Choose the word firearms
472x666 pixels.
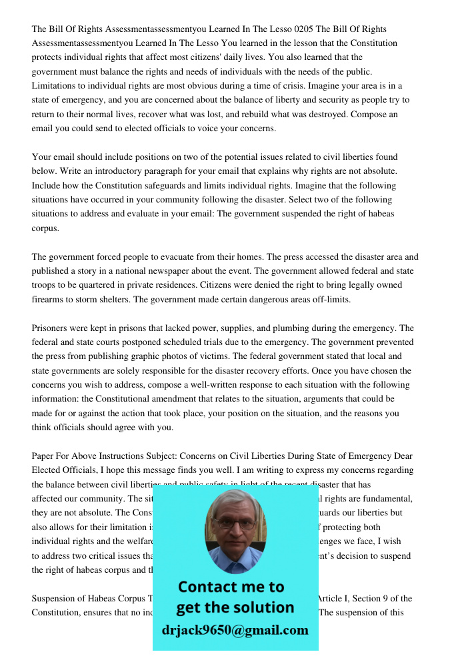pyautogui.click(x=50, y=299)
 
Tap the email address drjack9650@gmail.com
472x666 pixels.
pyautogui.click(x=235, y=630)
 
